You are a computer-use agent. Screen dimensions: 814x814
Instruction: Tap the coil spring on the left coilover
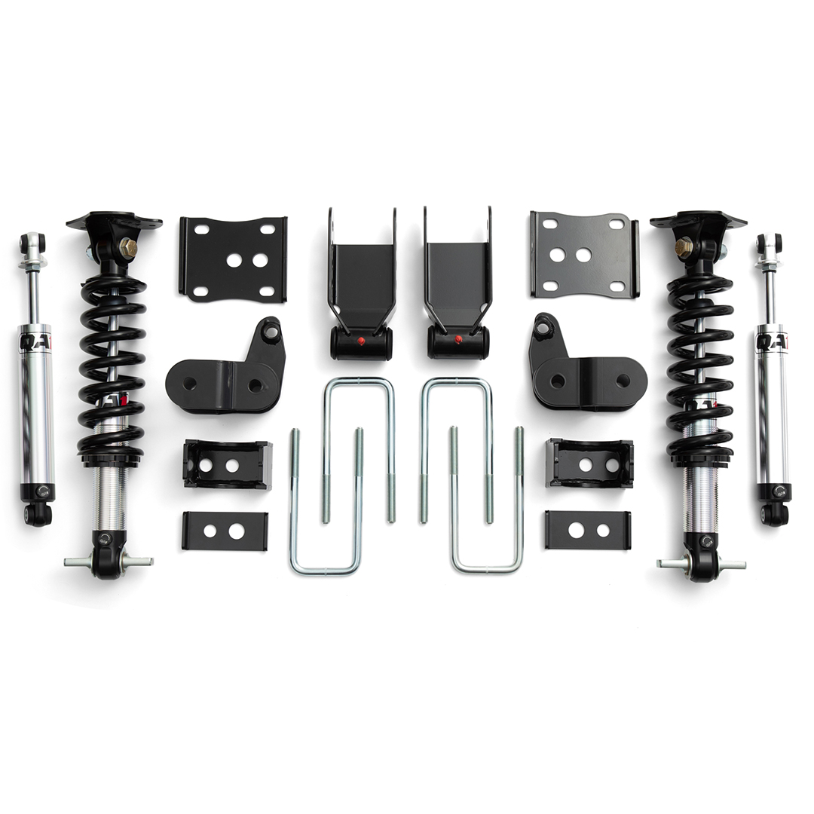pos(112,362)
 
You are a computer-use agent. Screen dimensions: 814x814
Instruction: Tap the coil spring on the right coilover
pos(699,362)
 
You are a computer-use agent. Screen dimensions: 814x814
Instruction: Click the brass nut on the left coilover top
pos(127,246)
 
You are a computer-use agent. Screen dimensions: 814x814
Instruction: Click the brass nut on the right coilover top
pos(684,246)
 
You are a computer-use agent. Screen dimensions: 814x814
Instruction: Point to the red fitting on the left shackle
pos(360,341)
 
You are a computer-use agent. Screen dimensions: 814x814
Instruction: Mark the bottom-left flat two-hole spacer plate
pos(225,531)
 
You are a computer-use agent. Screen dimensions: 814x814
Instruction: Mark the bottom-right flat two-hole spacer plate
pos(588,530)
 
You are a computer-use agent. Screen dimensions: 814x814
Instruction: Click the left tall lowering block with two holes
pos(227,464)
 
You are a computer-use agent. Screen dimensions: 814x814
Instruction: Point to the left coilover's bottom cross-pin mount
pos(108,562)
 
